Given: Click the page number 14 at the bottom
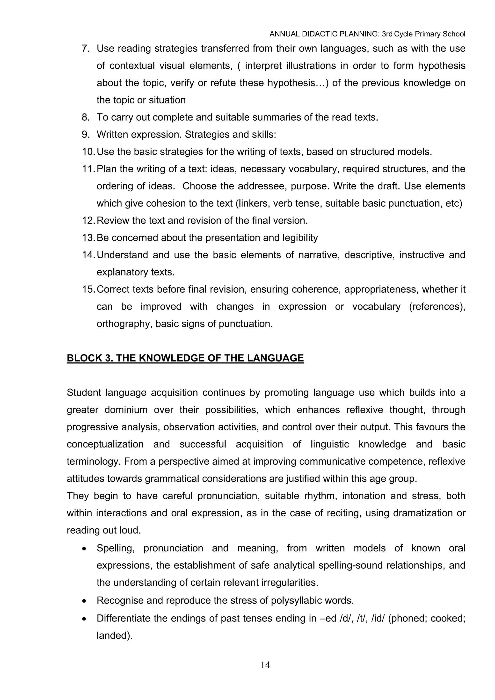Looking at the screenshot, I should pyautogui.click(x=265, y=665).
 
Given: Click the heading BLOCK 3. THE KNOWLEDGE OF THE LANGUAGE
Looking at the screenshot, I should pyautogui.click(x=185, y=358).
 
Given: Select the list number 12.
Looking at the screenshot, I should pyautogui.click(x=88, y=220).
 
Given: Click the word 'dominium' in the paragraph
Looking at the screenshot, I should pyautogui.click(x=126, y=410).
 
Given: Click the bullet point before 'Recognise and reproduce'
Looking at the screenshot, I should pyautogui.click(x=85, y=601).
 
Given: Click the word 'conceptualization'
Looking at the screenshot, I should pyautogui.click(x=105, y=444).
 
